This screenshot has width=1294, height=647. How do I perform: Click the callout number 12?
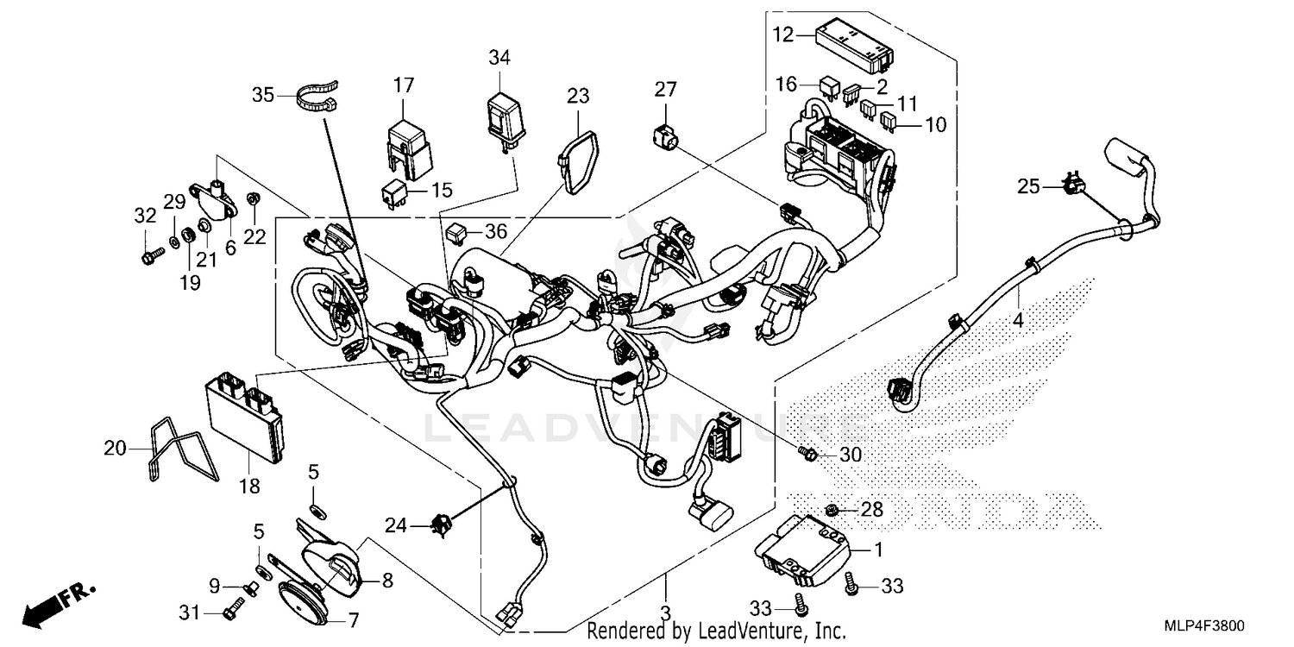point(782,35)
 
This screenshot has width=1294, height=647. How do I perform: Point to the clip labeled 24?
point(444,523)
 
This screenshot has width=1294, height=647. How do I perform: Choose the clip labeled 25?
point(1073,185)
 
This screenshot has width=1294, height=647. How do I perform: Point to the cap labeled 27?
point(664,134)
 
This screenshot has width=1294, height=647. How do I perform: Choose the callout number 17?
point(404,85)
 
